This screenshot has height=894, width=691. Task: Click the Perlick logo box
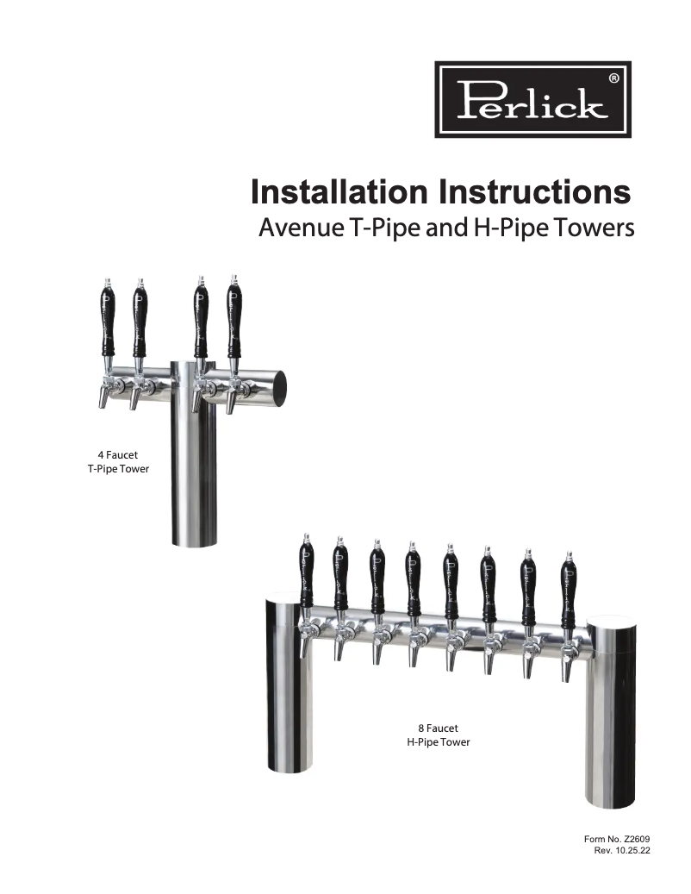pyautogui.click(x=532, y=98)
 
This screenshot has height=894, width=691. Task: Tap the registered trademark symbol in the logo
pyautogui.click(x=613, y=78)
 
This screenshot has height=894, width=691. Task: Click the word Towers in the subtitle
pyautogui.click(x=594, y=229)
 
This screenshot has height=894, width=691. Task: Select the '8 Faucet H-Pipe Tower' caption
pyautogui.click(x=438, y=735)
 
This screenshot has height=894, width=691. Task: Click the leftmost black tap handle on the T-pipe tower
pyautogui.click(x=107, y=322)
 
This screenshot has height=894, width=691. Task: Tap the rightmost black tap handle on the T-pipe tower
pyautogui.click(x=233, y=322)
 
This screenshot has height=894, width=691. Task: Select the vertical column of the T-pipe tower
pyautogui.click(x=187, y=466)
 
